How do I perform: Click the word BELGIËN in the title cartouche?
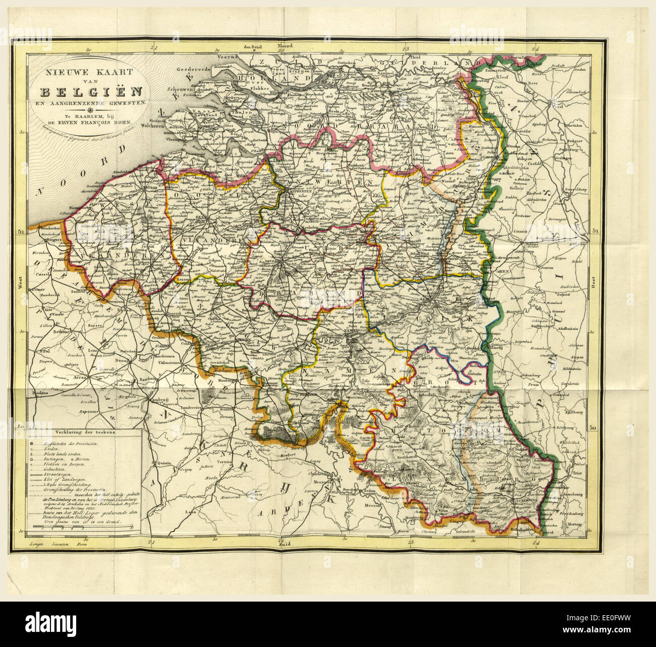click(91, 92)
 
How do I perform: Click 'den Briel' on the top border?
click(255, 47)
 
